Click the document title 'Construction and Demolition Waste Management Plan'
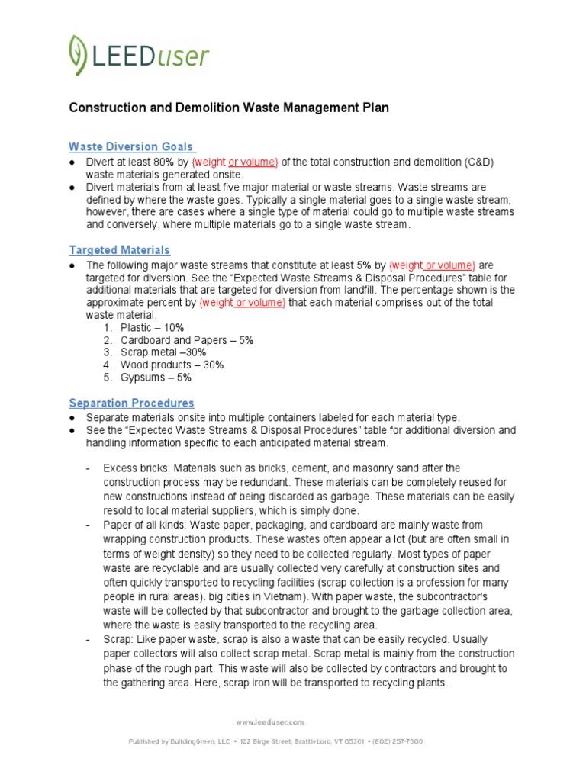click(x=229, y=108)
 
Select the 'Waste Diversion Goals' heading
click(x=131, y=146)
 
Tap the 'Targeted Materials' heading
click(x=119, y=250)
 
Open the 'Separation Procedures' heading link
click(x=131, y=403)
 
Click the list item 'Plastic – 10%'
click(x=152, y=328)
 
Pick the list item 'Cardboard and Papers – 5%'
click(x=187, y=340)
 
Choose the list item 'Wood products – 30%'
click(x=172, y=365)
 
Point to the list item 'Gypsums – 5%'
click(x=156, y=377)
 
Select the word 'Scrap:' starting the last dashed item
click(x=118, y=638)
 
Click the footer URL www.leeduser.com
click(x=269, y=722)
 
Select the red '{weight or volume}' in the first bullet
click(x=235, y=162)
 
